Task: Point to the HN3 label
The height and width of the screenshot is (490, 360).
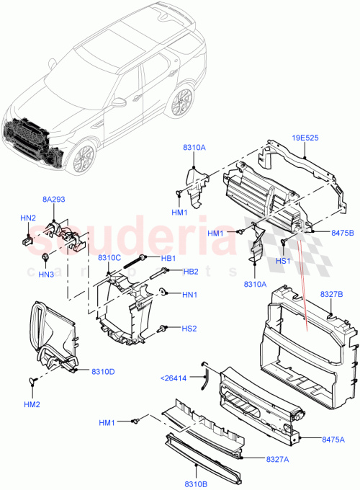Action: (46, 275)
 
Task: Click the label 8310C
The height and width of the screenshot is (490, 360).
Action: (109, 258)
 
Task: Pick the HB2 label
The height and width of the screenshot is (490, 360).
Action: (190, 271)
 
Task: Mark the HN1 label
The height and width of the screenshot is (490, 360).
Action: (190, 295)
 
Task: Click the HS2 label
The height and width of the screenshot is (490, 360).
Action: (189, 329)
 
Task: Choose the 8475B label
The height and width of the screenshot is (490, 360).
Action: (343, 233)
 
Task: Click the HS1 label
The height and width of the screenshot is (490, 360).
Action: (284, 262)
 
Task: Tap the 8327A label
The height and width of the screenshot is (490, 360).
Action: (279, 459)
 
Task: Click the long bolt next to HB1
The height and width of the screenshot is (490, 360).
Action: (135, 261)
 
